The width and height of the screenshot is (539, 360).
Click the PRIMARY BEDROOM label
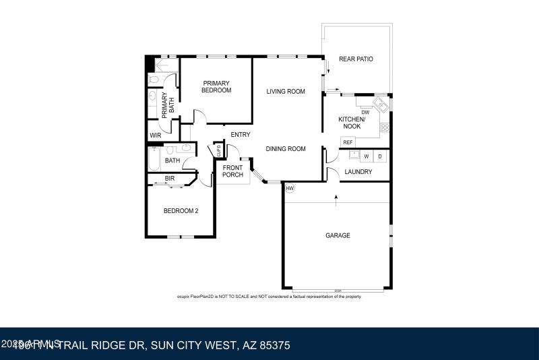point(216,87)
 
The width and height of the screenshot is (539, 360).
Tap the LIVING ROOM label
point(286,92)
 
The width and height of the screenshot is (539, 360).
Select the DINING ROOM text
point(286,149)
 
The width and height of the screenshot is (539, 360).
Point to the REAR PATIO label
point(356,59)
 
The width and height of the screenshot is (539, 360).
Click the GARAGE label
point(338,235)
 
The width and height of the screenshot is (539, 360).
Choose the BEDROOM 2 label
point(181,211)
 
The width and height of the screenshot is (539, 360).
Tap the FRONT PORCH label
point(232,171)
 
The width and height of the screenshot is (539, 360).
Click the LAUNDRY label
point(358,172)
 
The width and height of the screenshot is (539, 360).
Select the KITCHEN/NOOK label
point(352,123)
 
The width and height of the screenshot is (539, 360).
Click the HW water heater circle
point(290,188)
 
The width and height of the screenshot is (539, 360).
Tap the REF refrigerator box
point(348,142)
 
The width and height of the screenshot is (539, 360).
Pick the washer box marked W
point(367,156)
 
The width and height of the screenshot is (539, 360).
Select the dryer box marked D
point(380,156)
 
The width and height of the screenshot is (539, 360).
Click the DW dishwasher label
point(365,113)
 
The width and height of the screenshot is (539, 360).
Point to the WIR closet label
point(156,136)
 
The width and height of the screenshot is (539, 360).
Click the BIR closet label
point(170,179)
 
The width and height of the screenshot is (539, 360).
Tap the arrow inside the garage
point(336,198)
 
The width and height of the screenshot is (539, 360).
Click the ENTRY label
point(240,135)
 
